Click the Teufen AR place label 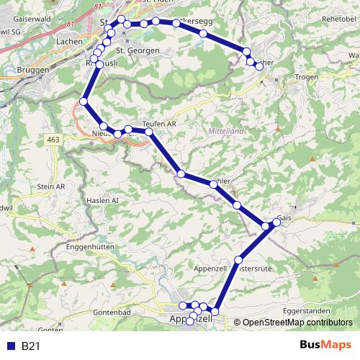(x=161, y=123)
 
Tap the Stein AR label (x=50, y=186)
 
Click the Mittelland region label (x=225, y=131)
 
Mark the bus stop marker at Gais (x=276, y=222)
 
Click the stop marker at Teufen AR (x=149, y=132)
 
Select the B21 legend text (x=30, y=346)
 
